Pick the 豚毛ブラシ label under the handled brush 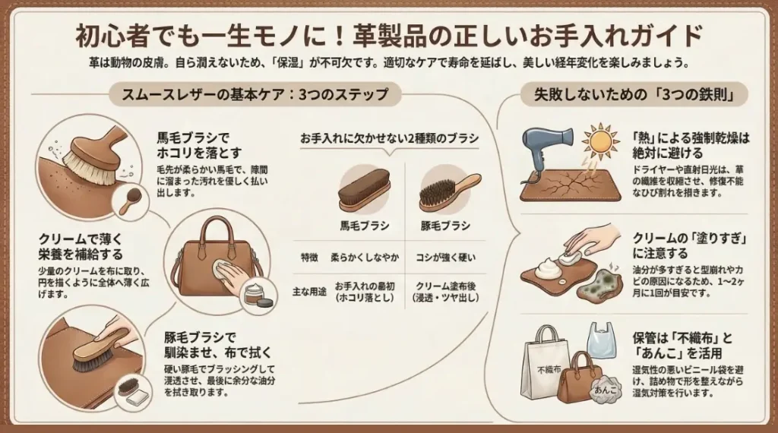[445, 225]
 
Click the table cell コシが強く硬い [445, 258]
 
